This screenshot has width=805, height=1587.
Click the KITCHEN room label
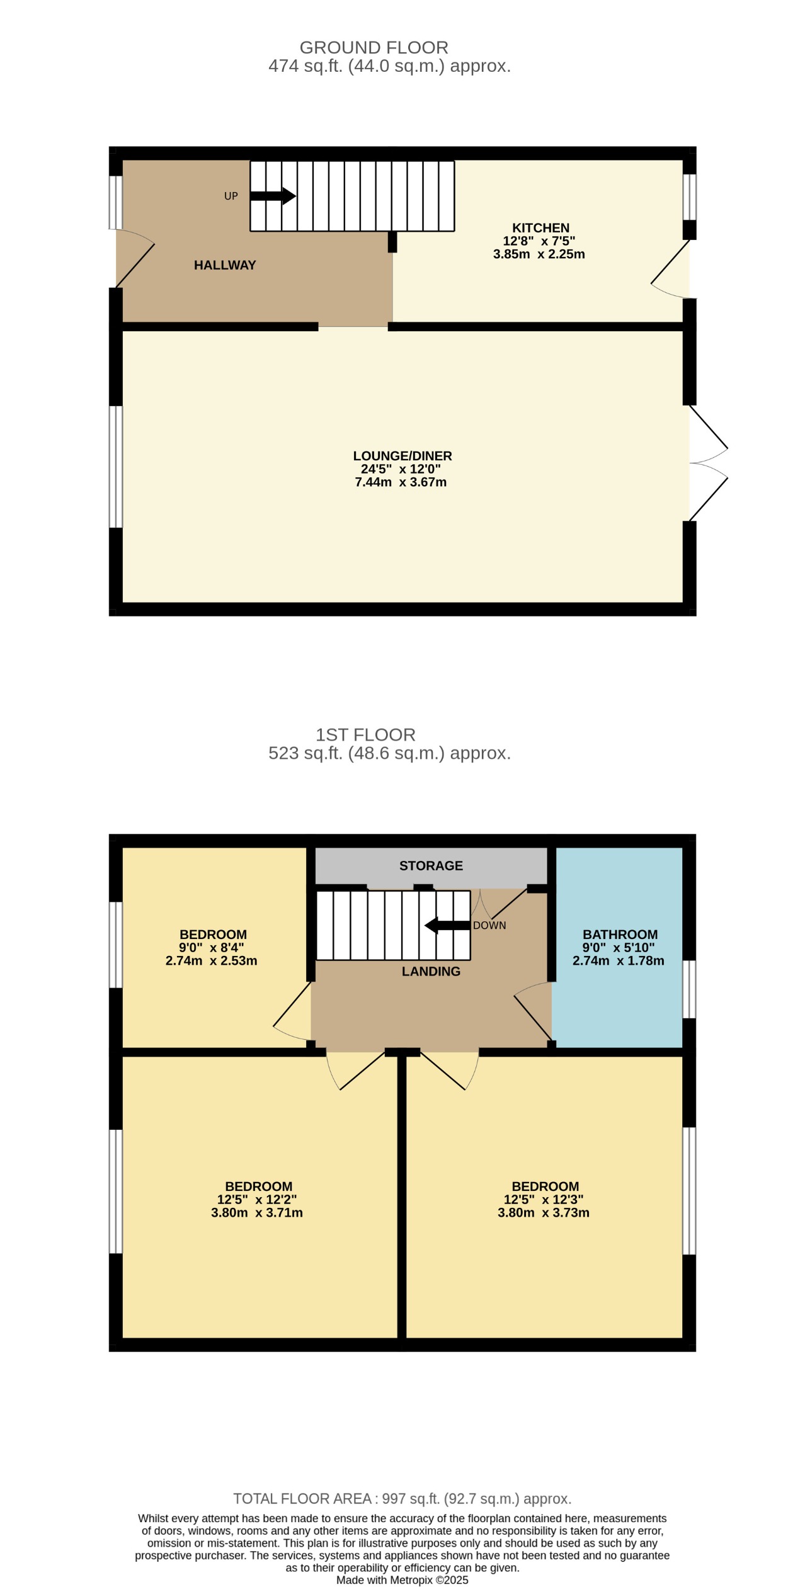[540, 228]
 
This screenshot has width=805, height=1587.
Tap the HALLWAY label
[225, 265]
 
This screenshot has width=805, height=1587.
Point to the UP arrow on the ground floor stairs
[273, 196]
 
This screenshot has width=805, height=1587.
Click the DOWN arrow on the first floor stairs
[447, 925]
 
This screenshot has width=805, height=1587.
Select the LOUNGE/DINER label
[402, 456]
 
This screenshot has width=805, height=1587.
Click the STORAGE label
[431, 866]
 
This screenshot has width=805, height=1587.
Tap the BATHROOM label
[620, 935]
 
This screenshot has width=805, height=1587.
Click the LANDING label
[431, 971]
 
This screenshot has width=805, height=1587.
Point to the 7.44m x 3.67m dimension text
[401, 482]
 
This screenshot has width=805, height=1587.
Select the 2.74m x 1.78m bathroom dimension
[618, 960]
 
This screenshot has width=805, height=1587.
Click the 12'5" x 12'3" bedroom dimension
[543, 1200]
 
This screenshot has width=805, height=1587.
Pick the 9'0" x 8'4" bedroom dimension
[211, 948]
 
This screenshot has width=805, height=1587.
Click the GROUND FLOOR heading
[374, 48]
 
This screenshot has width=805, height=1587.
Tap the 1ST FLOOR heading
[365, 735]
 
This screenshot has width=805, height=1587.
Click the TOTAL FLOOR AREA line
[402, 1499]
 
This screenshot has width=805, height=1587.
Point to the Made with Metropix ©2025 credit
[402, 1580]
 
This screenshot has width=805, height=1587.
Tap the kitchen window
[690, 196]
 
